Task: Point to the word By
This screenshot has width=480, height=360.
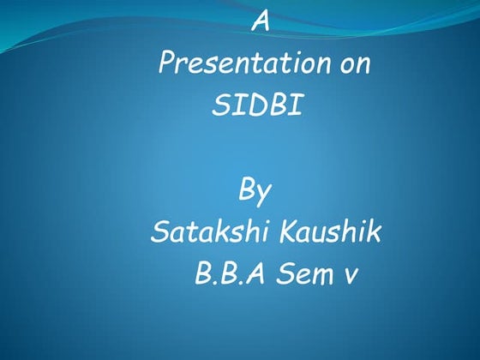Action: (255, 191)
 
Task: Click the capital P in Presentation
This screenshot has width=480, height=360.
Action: (167, 64)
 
